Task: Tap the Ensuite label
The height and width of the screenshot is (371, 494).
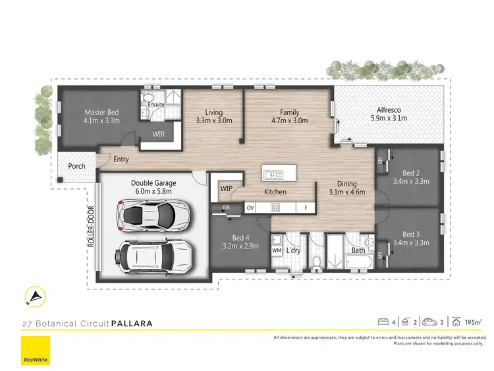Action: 155,104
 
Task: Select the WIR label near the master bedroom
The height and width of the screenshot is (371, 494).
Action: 158,134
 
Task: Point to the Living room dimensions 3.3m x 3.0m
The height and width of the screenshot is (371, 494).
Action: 214,121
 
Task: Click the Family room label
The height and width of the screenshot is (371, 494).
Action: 289,112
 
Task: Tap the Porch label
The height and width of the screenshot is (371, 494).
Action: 77,166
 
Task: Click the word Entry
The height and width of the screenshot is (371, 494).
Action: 121,159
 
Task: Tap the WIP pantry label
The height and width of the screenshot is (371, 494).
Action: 227,188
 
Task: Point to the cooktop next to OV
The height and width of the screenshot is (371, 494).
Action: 276,208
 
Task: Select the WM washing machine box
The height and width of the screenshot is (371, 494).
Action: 277,250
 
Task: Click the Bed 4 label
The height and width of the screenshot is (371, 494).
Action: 240,237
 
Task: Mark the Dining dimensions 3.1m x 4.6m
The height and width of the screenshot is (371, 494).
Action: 346,193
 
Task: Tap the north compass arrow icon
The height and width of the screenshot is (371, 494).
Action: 32,298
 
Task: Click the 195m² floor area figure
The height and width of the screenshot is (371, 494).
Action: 473,323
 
